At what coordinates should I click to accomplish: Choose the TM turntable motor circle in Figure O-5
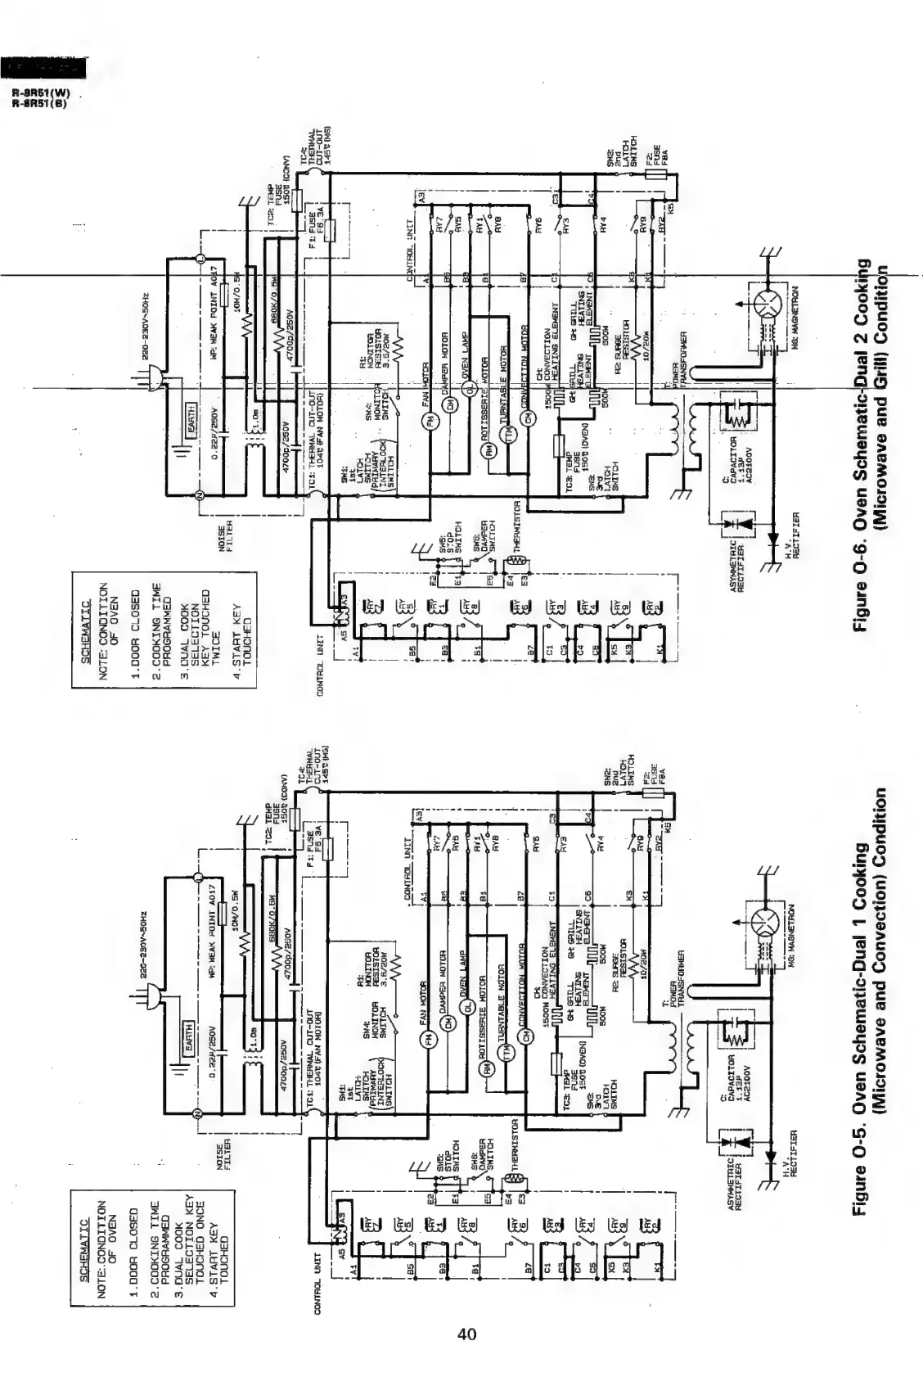point(507,1032)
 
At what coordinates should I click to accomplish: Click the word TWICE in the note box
point(216,630)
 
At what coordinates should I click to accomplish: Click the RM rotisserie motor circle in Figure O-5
point(489,1069)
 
